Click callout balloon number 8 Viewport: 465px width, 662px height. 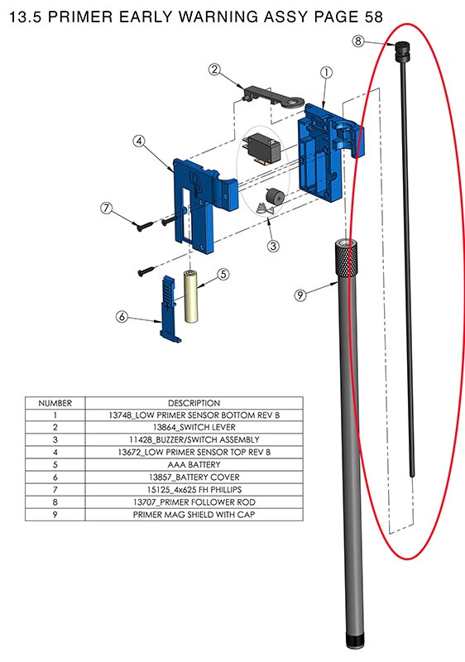pos(357,41)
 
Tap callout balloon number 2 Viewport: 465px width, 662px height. pos(215,70)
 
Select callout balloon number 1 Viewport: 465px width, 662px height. pos(326,73)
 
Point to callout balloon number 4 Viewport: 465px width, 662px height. pos(139,141)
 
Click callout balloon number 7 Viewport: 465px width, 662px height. pos(107,209)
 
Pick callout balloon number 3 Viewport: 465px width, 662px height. pos(273,246)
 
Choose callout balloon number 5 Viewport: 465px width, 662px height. pos(223,275)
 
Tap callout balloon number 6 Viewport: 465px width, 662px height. pos(122,316)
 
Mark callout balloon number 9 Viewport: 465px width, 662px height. pos(300,295)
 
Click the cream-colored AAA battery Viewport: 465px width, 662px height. pos(191,296)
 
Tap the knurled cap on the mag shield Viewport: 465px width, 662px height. pos(347,258)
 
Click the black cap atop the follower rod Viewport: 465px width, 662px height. pos(403,52)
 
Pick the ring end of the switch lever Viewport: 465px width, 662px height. pos(294,102)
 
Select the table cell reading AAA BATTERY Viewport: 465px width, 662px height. pos(194,465)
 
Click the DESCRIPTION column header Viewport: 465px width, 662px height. pos(194,403)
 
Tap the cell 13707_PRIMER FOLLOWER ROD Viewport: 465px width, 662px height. pos(194,502)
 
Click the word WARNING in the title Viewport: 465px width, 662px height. pos(218,17)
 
